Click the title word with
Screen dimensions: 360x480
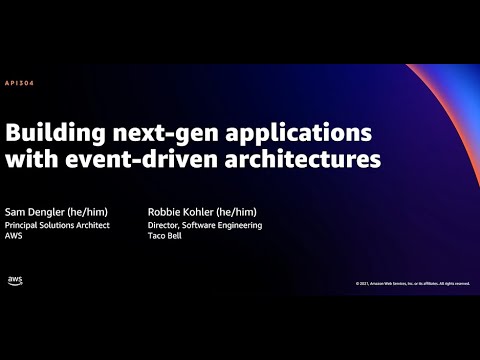point(34,159)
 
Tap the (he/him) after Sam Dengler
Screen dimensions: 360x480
point(92,212)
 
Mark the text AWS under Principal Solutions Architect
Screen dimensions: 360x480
point(16,237)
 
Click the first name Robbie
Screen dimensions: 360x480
point(163,212)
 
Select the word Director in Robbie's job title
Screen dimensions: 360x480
point(163,225)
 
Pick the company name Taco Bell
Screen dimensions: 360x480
point(165,237)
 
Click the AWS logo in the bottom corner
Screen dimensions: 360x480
point(15,281)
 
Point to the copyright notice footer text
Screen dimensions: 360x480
point(412,283)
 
